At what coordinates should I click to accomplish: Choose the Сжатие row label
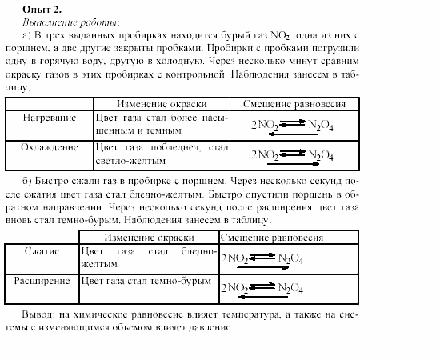pos(42,251)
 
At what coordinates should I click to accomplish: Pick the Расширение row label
pos(43,281)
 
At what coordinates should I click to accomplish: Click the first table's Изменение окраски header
pos(162,104)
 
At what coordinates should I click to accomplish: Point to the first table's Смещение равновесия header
pos(289,104)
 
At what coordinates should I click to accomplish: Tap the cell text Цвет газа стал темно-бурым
pos(146,282)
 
